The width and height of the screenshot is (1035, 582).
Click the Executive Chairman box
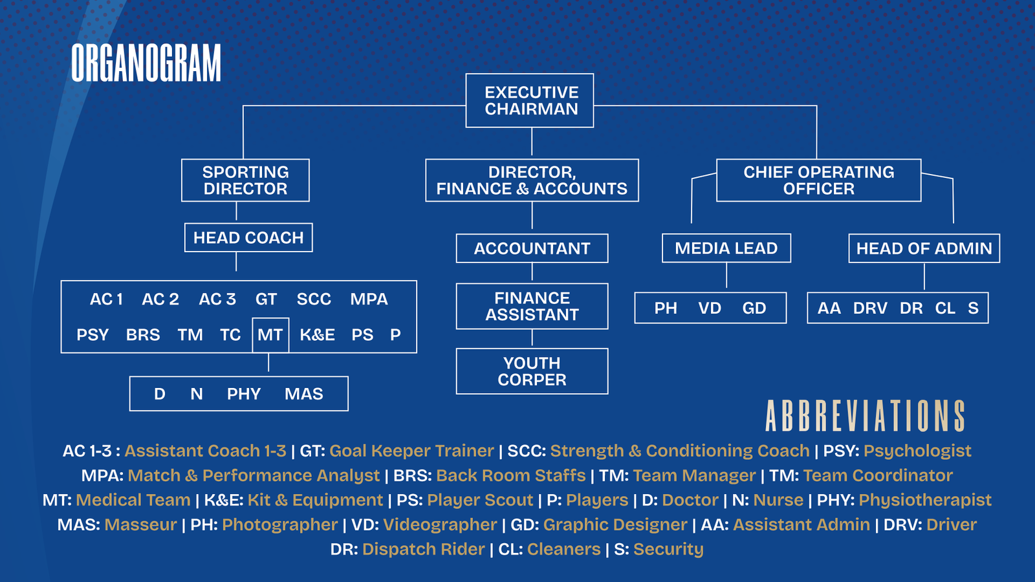pyautogui.click(x=530, y=101)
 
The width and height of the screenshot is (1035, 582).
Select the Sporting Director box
pyautogui.click(x=245, y=180)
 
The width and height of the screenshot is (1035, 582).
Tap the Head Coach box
pyautogui.click(x=248, y=238)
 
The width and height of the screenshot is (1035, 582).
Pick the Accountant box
pyautogui.click(x=532, y=248)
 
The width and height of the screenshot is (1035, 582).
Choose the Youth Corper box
pyautogui.click(x=532, y=371)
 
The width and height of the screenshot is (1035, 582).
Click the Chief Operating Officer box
pyautogui.click(x=818, y=180)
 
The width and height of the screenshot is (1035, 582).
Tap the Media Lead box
pyautogui.click(x=726, y=248)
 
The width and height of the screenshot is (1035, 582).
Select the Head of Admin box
pyautogui.click(x=924, y=248)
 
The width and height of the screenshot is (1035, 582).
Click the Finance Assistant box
pyautogui.click(x=532, y=307)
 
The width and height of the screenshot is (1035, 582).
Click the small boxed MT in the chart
pyautogui.click(x=270, y=335)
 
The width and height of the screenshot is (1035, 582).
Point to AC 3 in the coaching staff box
pyautogui.click(x=217, y=299)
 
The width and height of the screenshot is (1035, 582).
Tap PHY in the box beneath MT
pyautogui.click(x=244, y=394)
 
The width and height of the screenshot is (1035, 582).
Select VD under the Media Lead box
pyautogui.click(x=710, y=308)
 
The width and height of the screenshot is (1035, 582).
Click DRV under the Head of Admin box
pyautogui.click(x=870, y=308)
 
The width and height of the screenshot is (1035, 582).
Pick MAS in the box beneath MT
pyautogui.click(x=303, y=394)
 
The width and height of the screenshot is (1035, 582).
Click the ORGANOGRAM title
pyautogui.click(x=146, y=63)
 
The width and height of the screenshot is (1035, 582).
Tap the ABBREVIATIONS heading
pyautogui.click(x=865, y=416)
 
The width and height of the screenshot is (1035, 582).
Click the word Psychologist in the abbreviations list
pyautogui.click(x=917, y=451)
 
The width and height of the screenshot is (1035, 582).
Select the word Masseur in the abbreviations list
pyautogui.click(x=140, y=524)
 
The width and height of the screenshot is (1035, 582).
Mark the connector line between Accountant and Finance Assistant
pyautogui.click(x=532, y=273)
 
